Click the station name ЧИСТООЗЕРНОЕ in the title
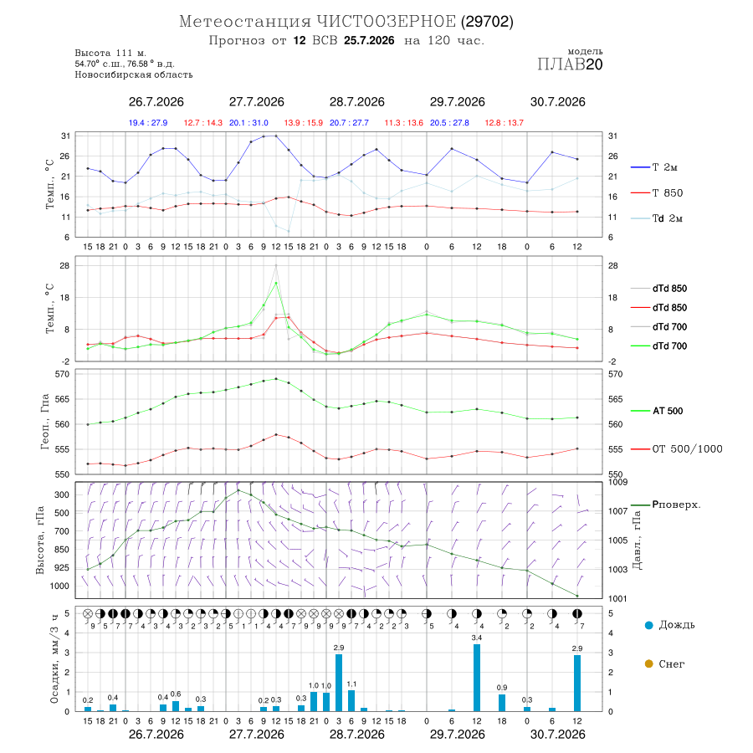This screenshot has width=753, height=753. pos(386,22)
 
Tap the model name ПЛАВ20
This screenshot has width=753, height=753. pos(570,64)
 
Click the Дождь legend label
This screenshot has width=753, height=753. pos(677,625)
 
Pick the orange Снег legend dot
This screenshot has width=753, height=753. pos(648,663)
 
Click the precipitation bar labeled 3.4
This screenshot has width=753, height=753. pos(477,678)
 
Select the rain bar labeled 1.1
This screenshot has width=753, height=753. pos(351,700)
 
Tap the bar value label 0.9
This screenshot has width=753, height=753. pos(502,688)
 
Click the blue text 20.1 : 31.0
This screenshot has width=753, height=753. pos(248,123)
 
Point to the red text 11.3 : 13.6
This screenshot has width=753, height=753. pos(404,123)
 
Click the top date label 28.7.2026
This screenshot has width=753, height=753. pos(356,102)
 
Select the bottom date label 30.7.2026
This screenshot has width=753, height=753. pos(557,735)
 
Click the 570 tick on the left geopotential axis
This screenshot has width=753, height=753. pos(64,374)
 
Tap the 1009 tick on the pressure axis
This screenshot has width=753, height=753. pos(618,482)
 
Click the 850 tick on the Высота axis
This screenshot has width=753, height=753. pos(62,550)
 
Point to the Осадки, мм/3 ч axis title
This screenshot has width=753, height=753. pos(54,659)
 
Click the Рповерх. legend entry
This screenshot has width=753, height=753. pos(666,505)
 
